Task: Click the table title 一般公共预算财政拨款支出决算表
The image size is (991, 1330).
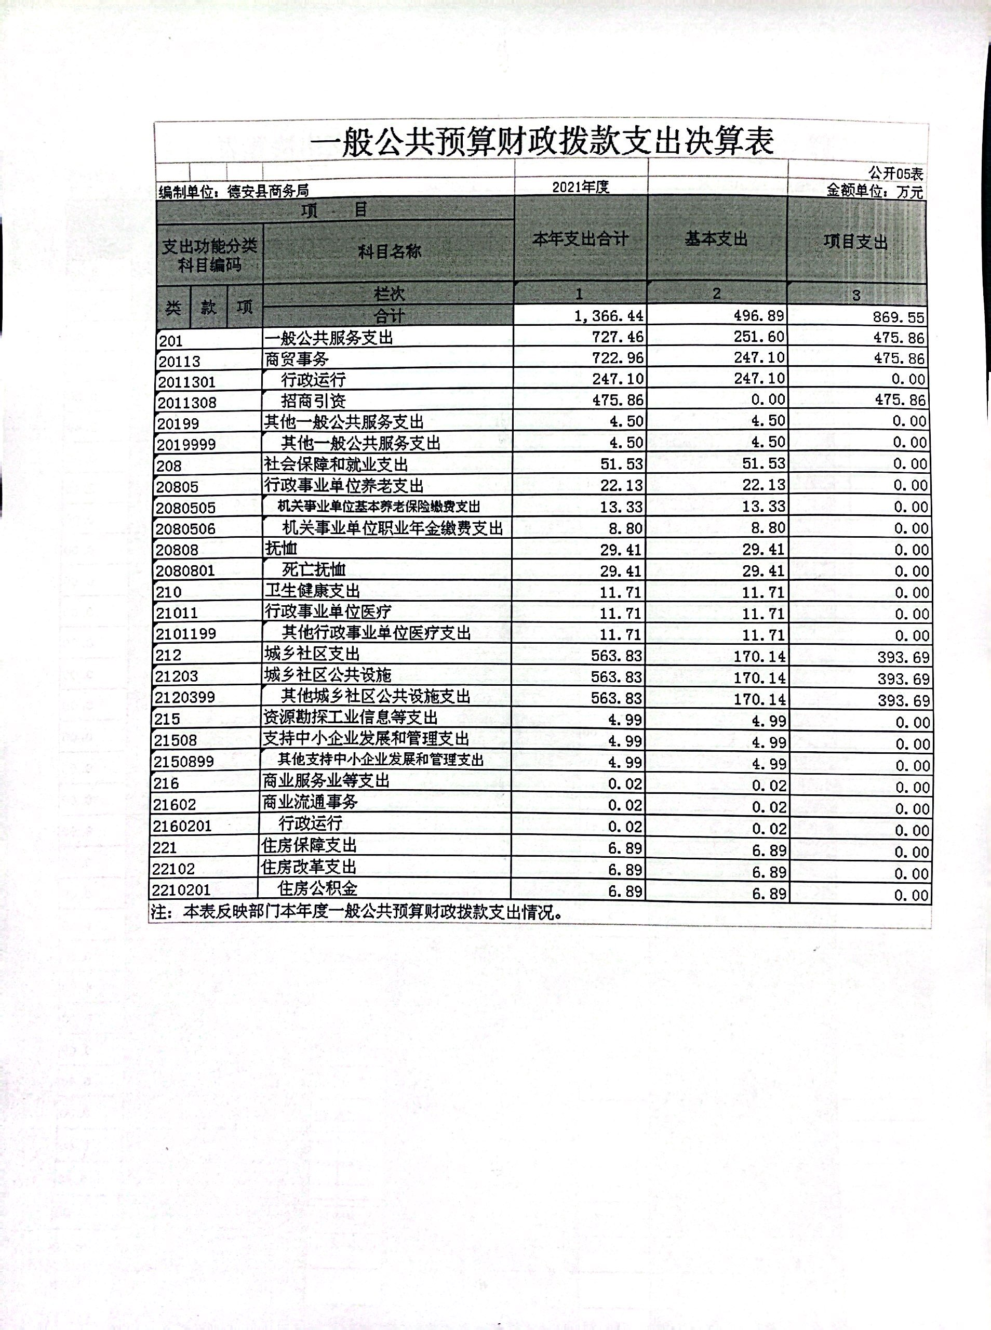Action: point(541,142)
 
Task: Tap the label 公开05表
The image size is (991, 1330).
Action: point(895,174)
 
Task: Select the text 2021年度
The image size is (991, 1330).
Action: point(580,187)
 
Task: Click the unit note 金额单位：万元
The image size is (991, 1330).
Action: point(875,191)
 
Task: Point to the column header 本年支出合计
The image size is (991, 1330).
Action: point(580,240)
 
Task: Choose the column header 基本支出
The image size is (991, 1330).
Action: point(716,240)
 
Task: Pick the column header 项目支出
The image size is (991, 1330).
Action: point(855,242)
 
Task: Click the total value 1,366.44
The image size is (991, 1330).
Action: point(608,315)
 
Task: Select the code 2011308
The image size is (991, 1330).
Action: point(186,403)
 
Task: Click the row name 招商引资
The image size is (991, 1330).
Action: point(313,401)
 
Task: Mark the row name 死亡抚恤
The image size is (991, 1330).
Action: point(314,569)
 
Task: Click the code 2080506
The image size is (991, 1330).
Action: point(185,529)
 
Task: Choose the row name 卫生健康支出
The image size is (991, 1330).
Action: point(312,591)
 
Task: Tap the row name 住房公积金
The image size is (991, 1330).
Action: point(317,888)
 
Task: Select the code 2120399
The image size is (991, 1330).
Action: point(184,697)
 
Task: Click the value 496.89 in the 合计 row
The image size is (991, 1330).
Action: point(759,315)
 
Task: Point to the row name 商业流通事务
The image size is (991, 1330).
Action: point(310,802)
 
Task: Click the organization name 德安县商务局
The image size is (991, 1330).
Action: point(268,191)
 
